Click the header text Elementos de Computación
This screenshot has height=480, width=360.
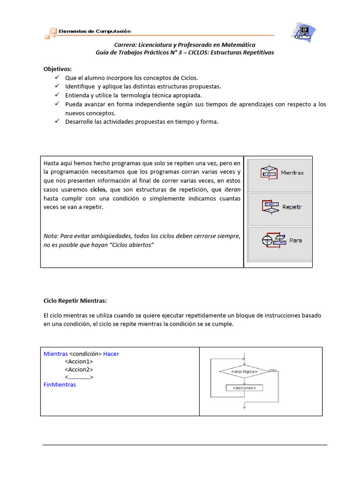(x=95, y=31)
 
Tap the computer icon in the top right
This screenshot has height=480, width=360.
(x=305, y=30)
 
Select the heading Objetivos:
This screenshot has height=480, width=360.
(x=58, y=69)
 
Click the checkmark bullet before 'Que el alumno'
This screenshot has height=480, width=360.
(x=57, y=78)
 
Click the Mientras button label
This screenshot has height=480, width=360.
(x=292, y=173)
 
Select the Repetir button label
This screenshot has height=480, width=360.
(x=292, y=207)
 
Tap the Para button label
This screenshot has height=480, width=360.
(x=296, y=240)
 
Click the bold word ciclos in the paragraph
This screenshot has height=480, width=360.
(x=98, y=190)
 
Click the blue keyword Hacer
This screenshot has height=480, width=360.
(x=111, y=354)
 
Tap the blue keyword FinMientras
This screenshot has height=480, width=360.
(x=60, y=384)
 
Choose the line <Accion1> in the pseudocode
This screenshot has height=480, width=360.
(x=79, y=362)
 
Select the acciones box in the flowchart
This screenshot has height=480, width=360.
(x=244, y=388)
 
